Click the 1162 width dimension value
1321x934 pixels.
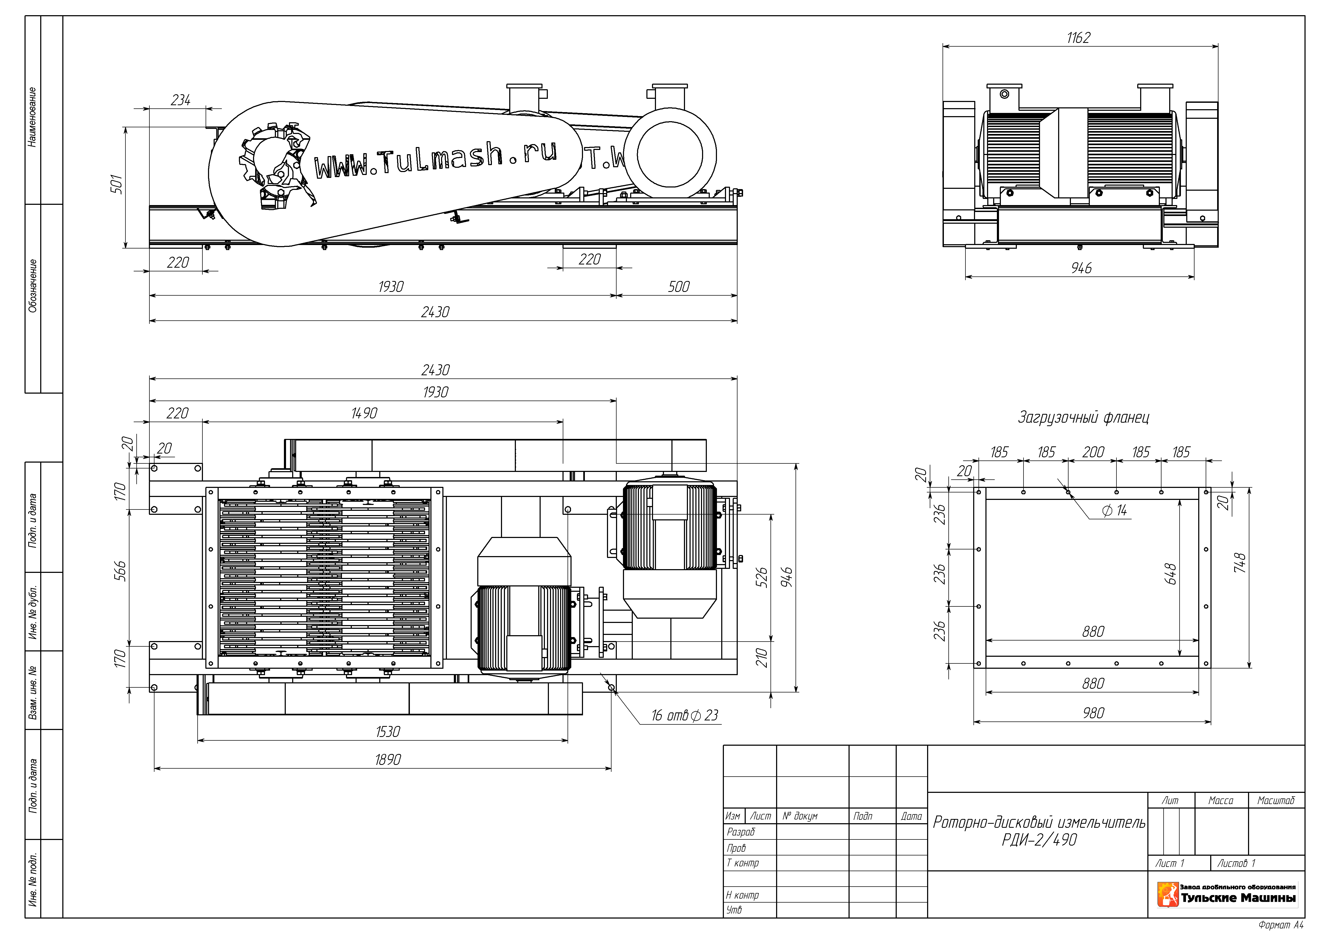click(x=1078, y=38)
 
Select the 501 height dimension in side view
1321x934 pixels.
click(x=117, y=184)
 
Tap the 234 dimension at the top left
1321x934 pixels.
click(x=181, y=100)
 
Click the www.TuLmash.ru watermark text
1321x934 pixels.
click(x=435, y=158)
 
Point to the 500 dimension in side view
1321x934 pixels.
click(x=678, y=287)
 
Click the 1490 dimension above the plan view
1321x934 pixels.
click(x=364, y=413)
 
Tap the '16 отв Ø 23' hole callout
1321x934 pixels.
click(x=685, y=715)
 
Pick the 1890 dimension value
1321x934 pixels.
click(x=388, y=760)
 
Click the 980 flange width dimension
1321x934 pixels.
click(x=1093, y=713)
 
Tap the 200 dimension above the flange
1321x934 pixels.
click(x=1093, y=452)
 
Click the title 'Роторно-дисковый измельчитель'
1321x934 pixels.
click(x=1039, y=822)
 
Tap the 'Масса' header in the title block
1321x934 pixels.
click(x=1221, y=801)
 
